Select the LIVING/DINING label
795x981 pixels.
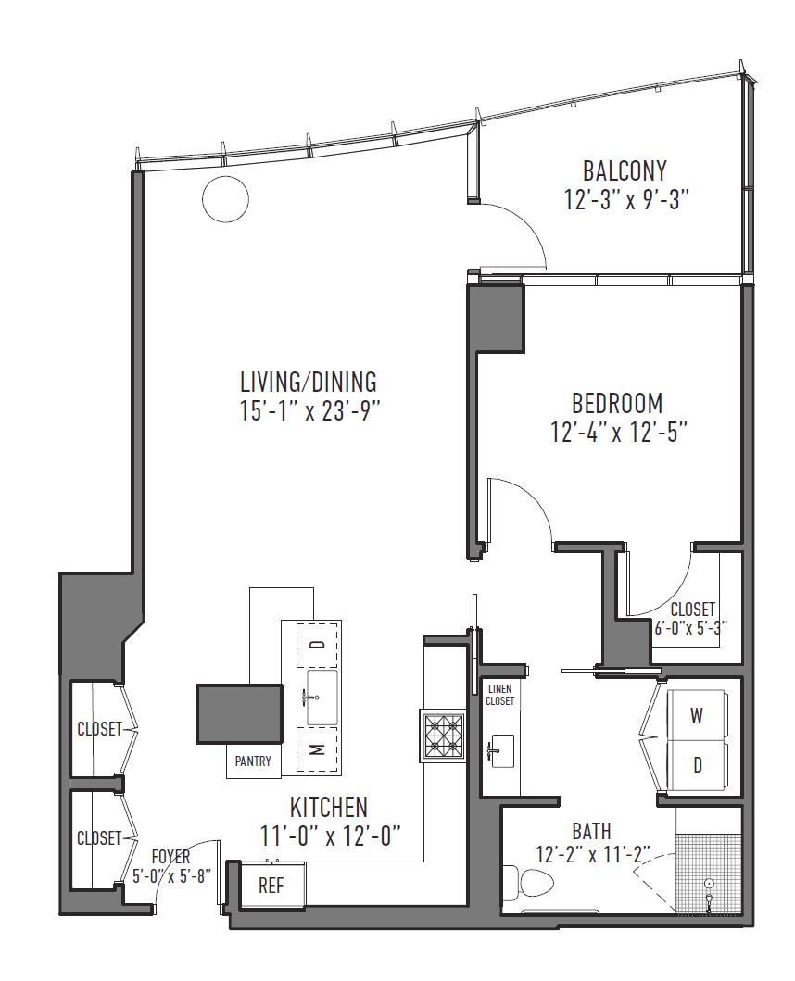309,382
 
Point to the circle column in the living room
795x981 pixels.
226,199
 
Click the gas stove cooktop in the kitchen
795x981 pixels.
443,736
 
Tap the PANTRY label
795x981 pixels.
253,761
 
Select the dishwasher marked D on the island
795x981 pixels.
318,645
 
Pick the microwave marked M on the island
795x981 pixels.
318,749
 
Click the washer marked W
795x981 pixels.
696,716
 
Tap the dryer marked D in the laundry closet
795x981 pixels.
696,765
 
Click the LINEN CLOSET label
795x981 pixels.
499,695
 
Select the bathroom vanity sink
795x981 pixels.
500,749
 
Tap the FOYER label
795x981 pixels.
170,857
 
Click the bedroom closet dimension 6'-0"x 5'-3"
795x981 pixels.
691,627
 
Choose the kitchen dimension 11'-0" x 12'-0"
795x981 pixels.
330,836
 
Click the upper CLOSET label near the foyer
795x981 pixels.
99,729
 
